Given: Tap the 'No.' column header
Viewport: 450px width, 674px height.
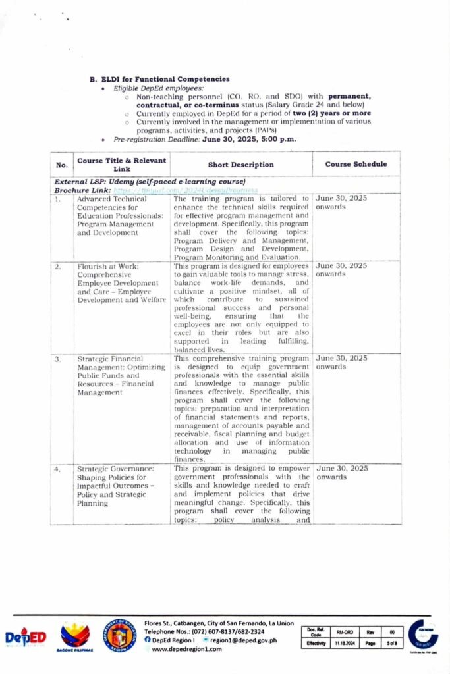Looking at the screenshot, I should click(62, 165).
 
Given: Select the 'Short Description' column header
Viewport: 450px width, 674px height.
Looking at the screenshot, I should click(240, 165).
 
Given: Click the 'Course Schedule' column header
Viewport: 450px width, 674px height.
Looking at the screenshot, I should click(356, 164).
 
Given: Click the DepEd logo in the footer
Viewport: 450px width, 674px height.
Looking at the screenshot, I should click(26, 637).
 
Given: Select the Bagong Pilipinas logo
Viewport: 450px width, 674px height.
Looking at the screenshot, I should click(75, 636).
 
